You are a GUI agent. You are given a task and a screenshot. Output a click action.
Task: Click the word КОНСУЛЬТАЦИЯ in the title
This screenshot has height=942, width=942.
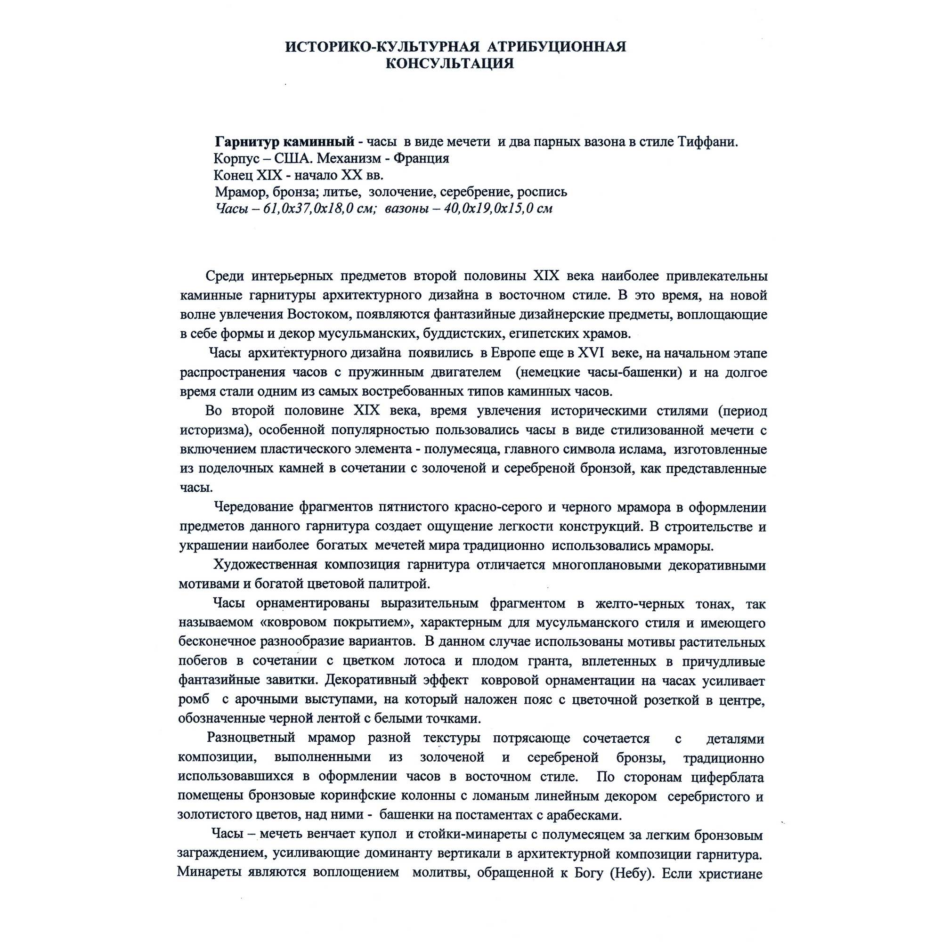pos(449,64)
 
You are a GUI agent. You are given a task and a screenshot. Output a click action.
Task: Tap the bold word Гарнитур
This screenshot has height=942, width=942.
pos(247,142)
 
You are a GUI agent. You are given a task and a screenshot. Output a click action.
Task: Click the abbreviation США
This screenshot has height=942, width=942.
pos(293,158)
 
